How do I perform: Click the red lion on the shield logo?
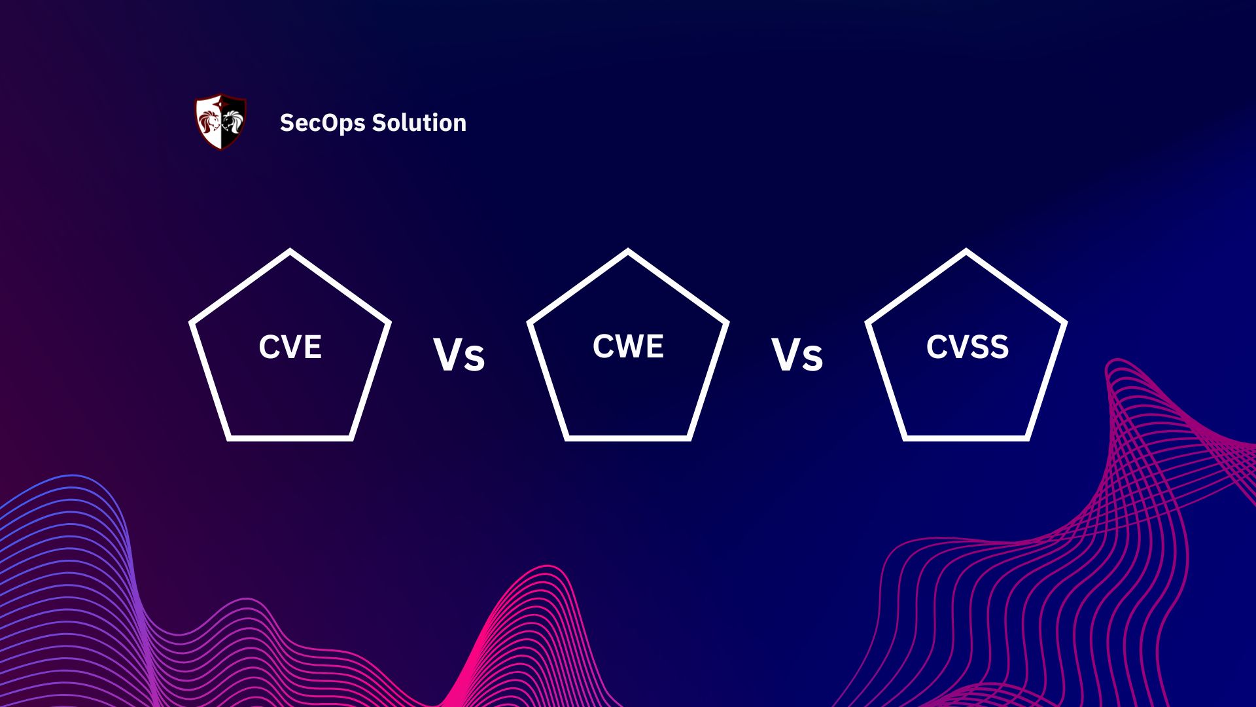(209, 122)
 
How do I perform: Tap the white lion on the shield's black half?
(234, 122)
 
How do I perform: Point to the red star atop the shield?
(221, 99)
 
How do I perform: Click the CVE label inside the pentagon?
(290, 347)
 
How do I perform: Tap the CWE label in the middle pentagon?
(628, 346)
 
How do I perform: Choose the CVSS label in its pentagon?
(967, 347)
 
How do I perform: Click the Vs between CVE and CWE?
(459, 356)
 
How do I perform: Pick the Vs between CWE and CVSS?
(797, 356)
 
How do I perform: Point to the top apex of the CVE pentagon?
(290, 251)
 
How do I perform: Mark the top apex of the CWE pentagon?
(628, 251)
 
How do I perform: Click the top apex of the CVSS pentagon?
(966, 251)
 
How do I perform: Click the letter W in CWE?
(629, 346)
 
